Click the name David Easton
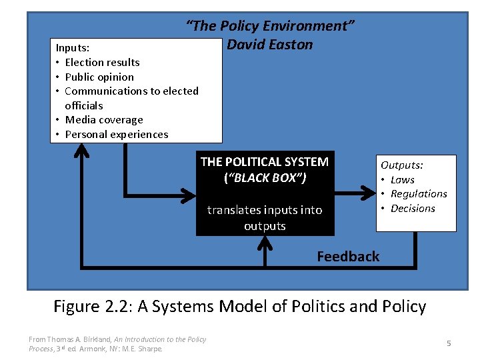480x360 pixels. [x=269, y=45]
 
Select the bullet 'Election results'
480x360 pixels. [x=102, y=62]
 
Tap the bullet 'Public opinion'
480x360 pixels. [x=99, y=77]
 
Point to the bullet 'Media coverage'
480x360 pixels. [x=103, y=120]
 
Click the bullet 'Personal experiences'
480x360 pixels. [x=116, y=135]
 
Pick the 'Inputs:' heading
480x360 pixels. [x=73, y=48]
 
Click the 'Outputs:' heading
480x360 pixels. [x=401, y=165]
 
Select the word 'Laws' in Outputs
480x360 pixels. [x=402, y=179]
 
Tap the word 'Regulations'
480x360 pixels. [x=419, y=194]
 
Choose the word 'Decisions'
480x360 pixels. [x=413, y=209]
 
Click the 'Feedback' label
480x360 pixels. [x=348, y=257]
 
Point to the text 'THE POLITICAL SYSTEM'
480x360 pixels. [x=265, y=161]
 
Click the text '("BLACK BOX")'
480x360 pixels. [x=265, y=178]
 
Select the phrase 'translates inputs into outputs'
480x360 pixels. [x=265, y=218]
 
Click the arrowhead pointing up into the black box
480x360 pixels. [x=265, y=243]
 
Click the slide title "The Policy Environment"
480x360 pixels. [x=269, y=26]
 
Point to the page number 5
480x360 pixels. [x=449, y=343]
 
